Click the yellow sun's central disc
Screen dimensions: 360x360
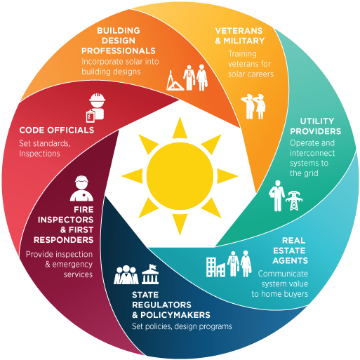[x=180, y=176]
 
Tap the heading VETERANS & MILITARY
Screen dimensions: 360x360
[x=240, y=36]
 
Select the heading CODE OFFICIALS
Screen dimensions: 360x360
[x=57, y=130]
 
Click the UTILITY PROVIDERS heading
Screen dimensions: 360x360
[x=316, y=126]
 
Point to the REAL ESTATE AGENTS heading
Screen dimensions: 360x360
[x=290, y=251]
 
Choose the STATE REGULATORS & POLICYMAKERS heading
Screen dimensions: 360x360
[x=171, y=305]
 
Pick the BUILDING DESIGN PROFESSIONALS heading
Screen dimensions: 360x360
[x=119, y=41]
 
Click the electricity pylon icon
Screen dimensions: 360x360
[x=294, y=201]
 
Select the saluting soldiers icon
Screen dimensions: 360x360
[x=253, y=107]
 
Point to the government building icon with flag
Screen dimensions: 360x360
[x=150, y=274]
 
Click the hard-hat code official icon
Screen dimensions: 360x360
[x=95, y=108]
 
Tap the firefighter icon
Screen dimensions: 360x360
[x=81, y=188]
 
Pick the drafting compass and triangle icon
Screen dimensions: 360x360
[x=175, y=81]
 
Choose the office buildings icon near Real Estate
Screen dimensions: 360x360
[x=215, y=267]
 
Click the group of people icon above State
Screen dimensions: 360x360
[x=126, y=275]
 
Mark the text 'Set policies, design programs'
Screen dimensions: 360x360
[x=182, y=326]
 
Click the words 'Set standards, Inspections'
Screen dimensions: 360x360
[x=45, y=148]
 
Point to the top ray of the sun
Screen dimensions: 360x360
[x=180, y=128]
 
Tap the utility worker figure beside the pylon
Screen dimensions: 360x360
[x=276, y=196]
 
